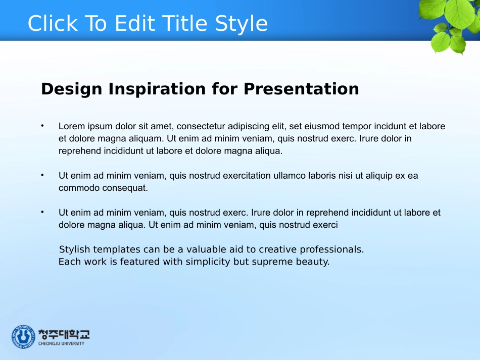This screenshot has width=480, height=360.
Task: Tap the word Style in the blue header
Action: [241, 24]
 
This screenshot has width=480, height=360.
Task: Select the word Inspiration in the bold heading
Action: [157, 89]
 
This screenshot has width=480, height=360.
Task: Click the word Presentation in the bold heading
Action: [301, 89]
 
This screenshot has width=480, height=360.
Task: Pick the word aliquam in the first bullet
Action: [146, 139]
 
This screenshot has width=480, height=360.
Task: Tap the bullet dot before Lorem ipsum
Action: [42, 125]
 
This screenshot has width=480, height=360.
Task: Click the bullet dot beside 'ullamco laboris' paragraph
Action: [42, 175]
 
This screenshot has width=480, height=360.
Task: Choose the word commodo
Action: [79, 188]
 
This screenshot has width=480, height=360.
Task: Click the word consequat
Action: [125, 188]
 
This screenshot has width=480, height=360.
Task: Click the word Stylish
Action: [75, 249]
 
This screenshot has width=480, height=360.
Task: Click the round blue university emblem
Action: [23, 337]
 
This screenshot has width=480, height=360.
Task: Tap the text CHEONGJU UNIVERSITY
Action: [61, 343]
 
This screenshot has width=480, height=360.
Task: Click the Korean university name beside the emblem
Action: [64, 334]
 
